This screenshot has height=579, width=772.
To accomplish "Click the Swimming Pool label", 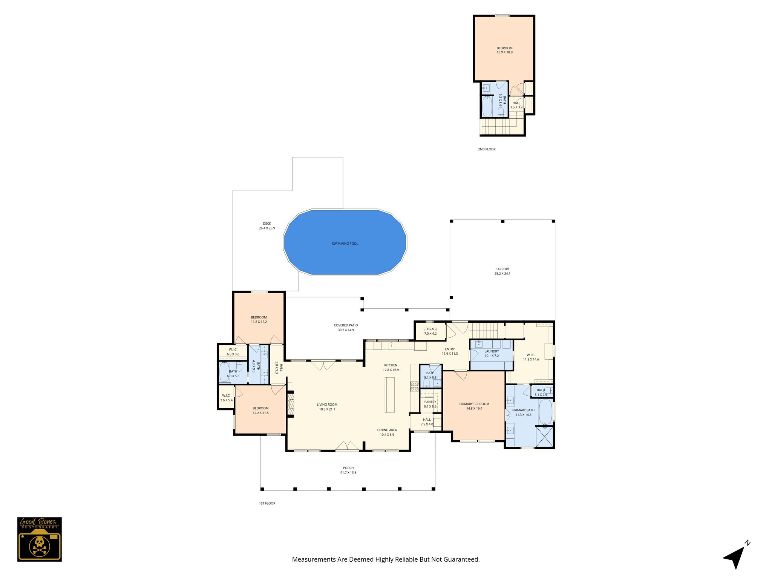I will click(345, 244).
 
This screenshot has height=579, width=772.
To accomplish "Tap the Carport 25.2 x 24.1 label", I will click(502, 271).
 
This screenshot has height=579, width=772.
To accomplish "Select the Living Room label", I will click(327, 407).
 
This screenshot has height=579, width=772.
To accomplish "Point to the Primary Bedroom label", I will click(474, 406).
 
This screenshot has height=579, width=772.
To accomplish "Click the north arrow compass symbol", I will click(735, 556).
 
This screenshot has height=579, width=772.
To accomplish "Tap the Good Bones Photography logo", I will click(39, 539).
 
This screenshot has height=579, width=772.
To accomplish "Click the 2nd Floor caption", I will click(487, 149).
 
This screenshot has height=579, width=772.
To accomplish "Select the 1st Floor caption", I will click(267, 503).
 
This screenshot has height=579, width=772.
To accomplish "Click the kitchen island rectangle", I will click(389, 395).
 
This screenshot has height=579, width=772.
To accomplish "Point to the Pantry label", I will click(430, 404).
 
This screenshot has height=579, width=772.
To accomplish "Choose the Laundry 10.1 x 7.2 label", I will click(492, 353).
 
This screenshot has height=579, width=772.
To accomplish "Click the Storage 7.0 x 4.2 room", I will click(430, 331).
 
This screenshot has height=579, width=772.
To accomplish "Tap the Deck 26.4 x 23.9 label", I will click(267, 226).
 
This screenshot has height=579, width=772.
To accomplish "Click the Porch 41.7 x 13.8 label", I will click(348, 470).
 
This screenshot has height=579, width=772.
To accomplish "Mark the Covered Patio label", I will click(346, 327).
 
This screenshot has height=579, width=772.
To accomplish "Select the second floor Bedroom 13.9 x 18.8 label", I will click(504, 50).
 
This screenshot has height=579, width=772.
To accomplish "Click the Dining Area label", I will click(387, 432).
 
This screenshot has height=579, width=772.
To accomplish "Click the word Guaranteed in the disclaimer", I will click(461, 559).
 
